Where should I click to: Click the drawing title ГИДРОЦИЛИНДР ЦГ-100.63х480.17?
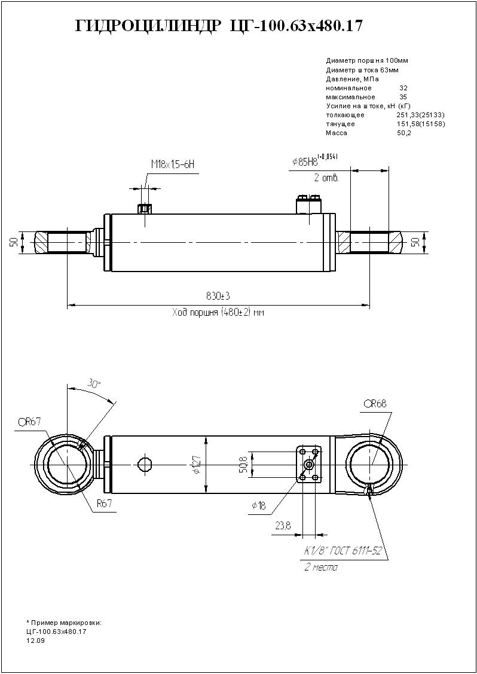(219, 26)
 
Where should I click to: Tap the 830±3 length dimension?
(218, 297)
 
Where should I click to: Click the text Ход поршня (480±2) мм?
(218, 313)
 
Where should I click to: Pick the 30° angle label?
(94, 383)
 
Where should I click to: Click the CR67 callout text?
(29, 422)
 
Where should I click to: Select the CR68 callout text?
(375, 404)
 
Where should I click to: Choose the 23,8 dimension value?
(283, 526)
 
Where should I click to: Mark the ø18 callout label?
(259, 506)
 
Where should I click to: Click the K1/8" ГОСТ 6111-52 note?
(343, 551)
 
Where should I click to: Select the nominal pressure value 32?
(403, 88)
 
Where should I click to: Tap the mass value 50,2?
(404, 133)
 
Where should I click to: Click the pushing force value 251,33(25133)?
(420, 115)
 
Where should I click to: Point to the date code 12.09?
(35, 640)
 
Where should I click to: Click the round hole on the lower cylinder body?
(145, 464)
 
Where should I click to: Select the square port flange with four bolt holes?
(309, 463)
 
